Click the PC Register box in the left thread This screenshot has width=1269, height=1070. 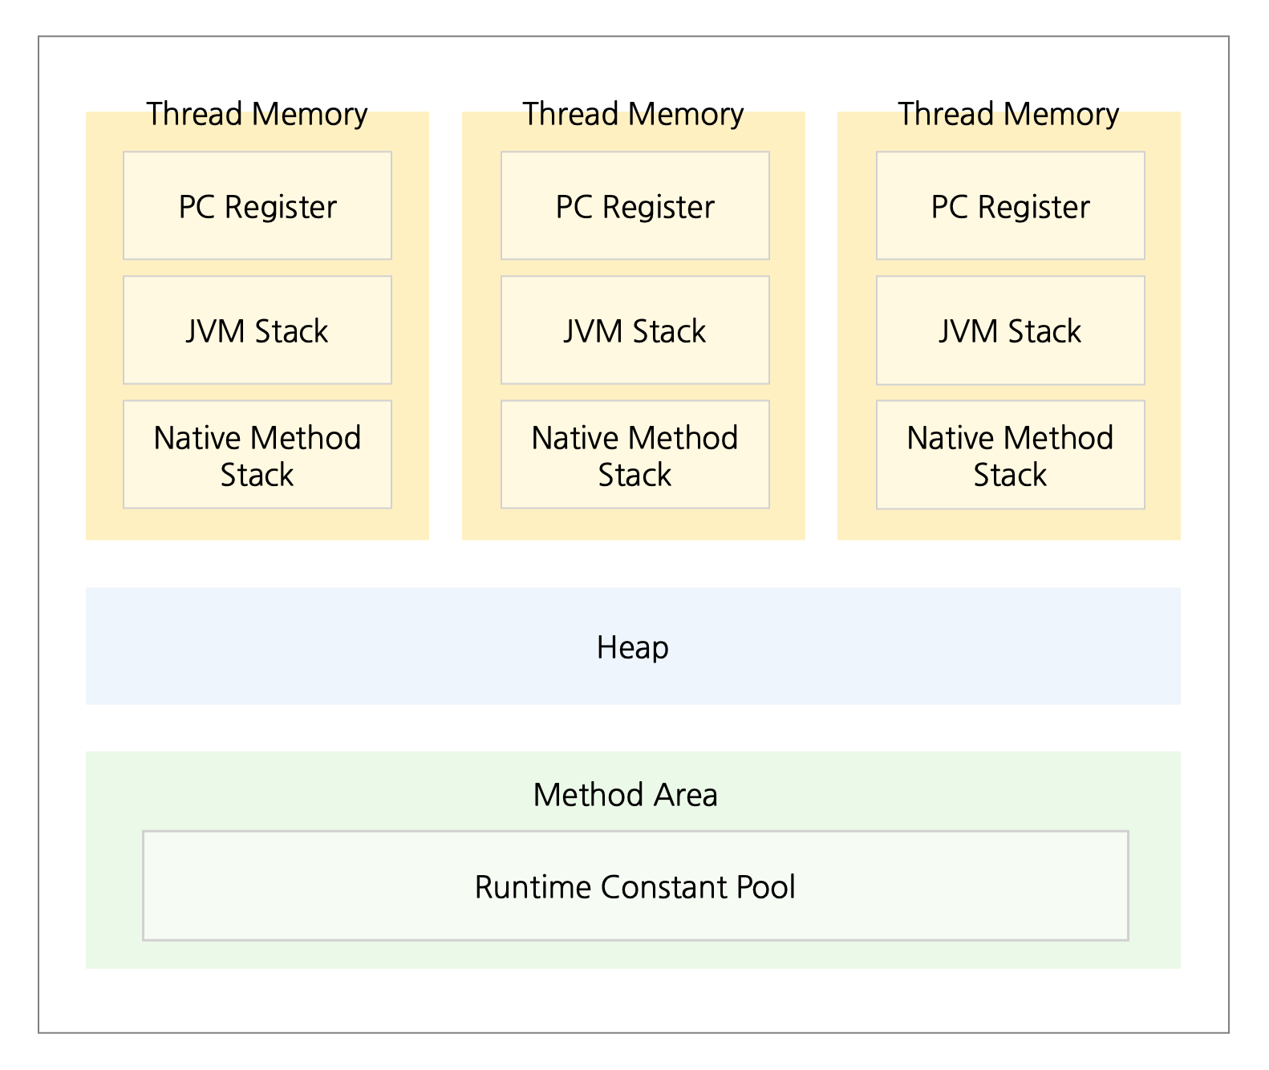pyautogui.click(x=257, y=206)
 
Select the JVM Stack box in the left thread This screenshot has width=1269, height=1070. pyautogui.click(x=257, y=330)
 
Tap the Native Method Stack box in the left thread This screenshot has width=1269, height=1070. pyautogui.click(x=257, y=455)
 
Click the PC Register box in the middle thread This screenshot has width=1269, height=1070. pyautogui.click(x=634, y=206)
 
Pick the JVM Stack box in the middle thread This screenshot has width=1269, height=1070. pyautogui.click(x=634, y=330)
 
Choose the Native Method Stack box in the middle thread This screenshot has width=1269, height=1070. pyautogui.click(x=634, y=455)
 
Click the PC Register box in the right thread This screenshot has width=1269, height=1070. pyautogui.click(x=1010, y=206)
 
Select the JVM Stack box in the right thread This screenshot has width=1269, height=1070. pyautogui.click(x=1010, y=330)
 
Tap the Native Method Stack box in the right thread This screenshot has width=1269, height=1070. pyautogui.click(x=1010, y=455)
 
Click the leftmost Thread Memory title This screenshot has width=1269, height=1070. pyautogui.click(x=257, y=114)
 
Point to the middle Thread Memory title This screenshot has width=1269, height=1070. pyautogui.click(x=633, y=114)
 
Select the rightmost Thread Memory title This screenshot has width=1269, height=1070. pyautogui.click(x=1008, y=114)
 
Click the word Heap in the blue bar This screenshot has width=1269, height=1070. pyautogui.click(x=632, y=647)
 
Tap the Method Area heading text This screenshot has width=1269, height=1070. pyautogui.click(x=625, y=795)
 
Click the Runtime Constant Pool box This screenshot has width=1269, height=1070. pyautogui.click(x=634, y=886)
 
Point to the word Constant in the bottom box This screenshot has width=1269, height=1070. pyautogui.click(x=664, y=887)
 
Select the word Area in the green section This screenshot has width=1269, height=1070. pyautogui.click(x=686, y=795)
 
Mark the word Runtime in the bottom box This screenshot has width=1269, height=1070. pyautogui.click(x=533, y=887)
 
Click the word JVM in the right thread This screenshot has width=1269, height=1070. pyautogui.click(x=968, y=331)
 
